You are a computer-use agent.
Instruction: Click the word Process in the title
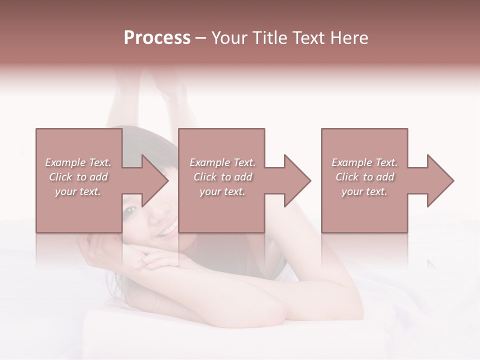click(157, 38)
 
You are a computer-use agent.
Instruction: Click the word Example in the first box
click(65, 162)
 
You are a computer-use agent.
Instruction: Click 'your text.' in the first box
click(78, 191)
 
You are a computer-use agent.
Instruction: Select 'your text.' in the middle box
click(222, 191)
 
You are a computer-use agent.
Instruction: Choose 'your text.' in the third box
click(364, 191)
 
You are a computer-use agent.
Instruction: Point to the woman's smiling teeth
click(168, 229)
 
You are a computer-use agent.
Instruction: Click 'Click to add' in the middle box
click(222, 177)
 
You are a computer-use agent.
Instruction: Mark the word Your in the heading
click(227, 38)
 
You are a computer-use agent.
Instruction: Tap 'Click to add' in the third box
click(365, 177)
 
